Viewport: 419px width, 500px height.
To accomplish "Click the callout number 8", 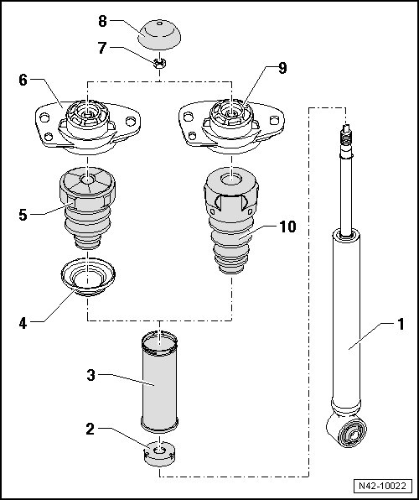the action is (102, 22).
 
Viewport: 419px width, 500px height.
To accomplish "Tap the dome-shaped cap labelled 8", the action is (159, 34).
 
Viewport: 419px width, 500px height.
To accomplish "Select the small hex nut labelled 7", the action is (159, 63).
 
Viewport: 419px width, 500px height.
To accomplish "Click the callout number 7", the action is (102, 48).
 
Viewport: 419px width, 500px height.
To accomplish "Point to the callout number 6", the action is (23, 80).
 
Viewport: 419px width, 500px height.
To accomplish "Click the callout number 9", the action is (282, 68).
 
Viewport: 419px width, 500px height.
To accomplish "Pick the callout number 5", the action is (23, 215).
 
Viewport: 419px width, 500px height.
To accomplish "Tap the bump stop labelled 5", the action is (87, 208).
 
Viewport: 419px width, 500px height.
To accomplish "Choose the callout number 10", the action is (287, 227).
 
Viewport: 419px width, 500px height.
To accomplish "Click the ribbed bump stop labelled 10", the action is (231, 220).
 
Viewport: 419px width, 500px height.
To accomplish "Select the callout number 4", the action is (23, 324).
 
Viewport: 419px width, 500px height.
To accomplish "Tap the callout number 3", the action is (91, 375).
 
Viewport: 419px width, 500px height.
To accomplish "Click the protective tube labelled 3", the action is (159, 382).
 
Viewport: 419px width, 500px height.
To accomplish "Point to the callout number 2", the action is (91, 430).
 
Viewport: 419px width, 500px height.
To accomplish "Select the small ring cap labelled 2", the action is (159, 454).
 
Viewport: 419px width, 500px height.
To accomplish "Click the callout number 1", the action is (401, 325).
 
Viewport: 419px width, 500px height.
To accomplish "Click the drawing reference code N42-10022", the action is (383, 486).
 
